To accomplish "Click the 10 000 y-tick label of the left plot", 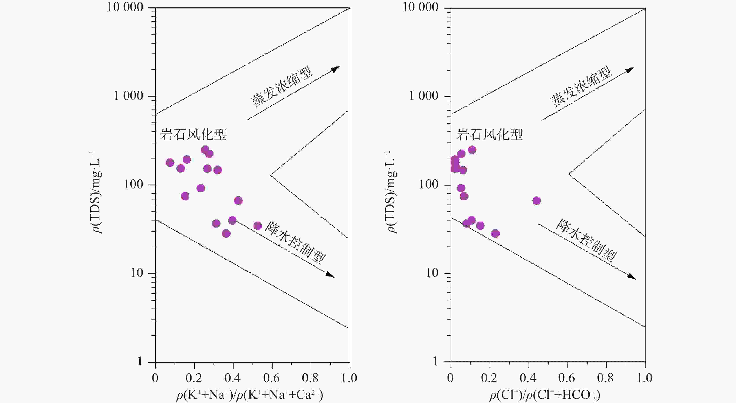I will pos(125,7).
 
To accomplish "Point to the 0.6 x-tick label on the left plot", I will pos(271,378).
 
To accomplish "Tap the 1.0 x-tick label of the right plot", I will pos(644,378).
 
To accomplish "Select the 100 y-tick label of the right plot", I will pos(428,185).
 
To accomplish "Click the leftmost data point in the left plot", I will pos(170,163).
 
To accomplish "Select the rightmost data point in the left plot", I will pos(258,226).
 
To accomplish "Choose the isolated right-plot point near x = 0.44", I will pos(536,201).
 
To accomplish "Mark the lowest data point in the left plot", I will pos(226,233).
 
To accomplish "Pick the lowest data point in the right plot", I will pos(495,233).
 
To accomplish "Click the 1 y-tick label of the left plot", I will pos(140,362).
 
